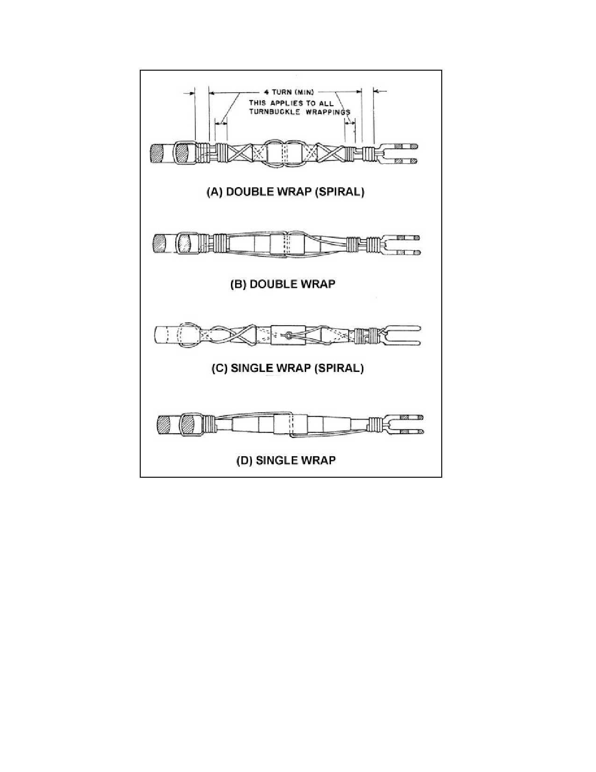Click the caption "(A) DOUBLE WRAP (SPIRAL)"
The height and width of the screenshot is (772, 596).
pyautogui.click(x=286, y=192)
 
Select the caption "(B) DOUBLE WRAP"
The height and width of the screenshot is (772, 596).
pyautogui.click(x=282, y=284)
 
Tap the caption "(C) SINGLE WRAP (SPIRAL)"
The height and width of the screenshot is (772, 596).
pyautogui.click(x=287, y=368)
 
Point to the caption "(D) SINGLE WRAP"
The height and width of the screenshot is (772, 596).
pyautogui.click(x=286, y=460)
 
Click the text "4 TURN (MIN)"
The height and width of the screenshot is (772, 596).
pyautogui.click(x=288, y=92)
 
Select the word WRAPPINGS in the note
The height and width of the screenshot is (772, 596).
pyautogui.click(x=328, y=112)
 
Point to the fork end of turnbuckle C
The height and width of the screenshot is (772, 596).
pyautogui.click(x=401, y=335)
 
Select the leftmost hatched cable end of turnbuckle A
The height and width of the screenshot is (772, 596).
pyautogui.click(x=157, y=153)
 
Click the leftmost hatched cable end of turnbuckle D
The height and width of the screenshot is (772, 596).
pyautogui.click(x=164, y=424)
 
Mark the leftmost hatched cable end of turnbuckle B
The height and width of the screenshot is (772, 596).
pyautogui.click(x=159, y=244)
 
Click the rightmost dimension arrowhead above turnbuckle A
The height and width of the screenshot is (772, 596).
pyautogui.click(x=377, y=92)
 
